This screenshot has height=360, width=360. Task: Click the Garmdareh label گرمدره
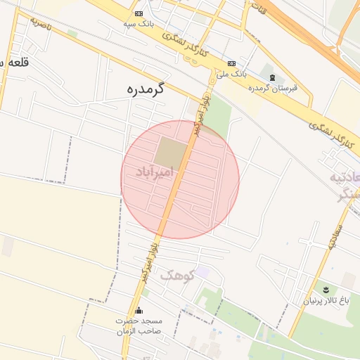pyautogui.click(x=146, y=89)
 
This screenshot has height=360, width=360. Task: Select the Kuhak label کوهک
pyautogui.click(x=176, y=275)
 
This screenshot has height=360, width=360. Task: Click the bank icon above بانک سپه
pyautogui.click(x=139, y=13)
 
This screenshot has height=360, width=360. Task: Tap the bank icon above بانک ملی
pyautogui.click(x=232, y=61)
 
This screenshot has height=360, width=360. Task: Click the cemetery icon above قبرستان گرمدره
pyautogui.click(x=272, y=77)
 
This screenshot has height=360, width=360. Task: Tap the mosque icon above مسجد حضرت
pyautogui.click(x=139, y=311)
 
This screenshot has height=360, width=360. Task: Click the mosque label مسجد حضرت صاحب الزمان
pyautogui.click(x=139, y=326)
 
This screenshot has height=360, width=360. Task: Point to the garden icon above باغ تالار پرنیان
pyautogui.click(x=325, y=290)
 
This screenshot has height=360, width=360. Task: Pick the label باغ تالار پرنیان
pyautogui.click(x=326, y=301)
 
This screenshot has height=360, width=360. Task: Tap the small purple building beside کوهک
pyautogui.click(x=202, y=271)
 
